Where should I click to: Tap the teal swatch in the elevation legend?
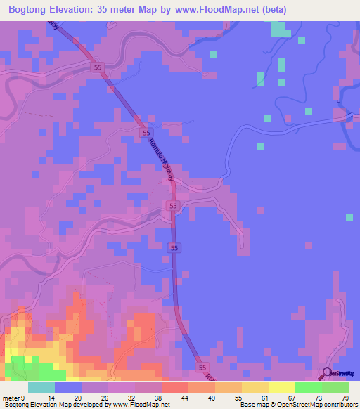tap(41, 387)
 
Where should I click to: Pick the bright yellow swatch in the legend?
tap(282, 387)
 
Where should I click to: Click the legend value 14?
tap(52, 397)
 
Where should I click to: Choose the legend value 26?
tap(107, 397)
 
